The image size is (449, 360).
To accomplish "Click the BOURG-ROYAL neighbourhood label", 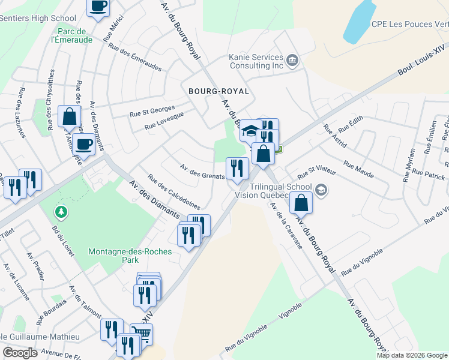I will tap(218, 91).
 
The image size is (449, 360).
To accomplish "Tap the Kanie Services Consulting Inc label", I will tap(255, 61).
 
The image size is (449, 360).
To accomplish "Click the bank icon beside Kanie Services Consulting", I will tap(292, 59).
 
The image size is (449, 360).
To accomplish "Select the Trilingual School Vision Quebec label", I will tap(279, 190).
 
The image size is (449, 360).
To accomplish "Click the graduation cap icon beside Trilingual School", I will tap(321, 190).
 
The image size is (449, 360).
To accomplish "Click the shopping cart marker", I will tap(141, 333).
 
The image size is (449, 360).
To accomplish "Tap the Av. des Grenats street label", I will tap(202, 171).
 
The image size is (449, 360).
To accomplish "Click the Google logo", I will tap(20, 353).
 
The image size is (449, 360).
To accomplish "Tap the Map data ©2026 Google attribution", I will tap(412, 355).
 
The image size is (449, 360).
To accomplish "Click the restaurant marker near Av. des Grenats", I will tap(237, 167).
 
